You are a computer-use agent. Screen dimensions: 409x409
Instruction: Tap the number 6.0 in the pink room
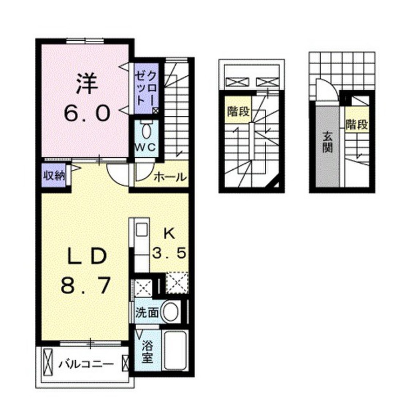tap(87, 114)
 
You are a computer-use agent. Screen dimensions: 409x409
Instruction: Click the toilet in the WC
tap(147, 130)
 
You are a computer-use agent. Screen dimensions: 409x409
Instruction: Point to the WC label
tap(147, 147)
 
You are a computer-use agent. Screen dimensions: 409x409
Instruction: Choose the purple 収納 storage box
tap(54, 175)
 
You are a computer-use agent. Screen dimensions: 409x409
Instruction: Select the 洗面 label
tap(147, 312)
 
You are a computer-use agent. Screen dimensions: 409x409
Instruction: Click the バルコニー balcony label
tap(85, 364)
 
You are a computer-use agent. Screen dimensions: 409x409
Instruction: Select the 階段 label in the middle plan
tap(238, 111)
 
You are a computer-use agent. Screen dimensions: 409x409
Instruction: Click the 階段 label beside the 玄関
tap(356, 125)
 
